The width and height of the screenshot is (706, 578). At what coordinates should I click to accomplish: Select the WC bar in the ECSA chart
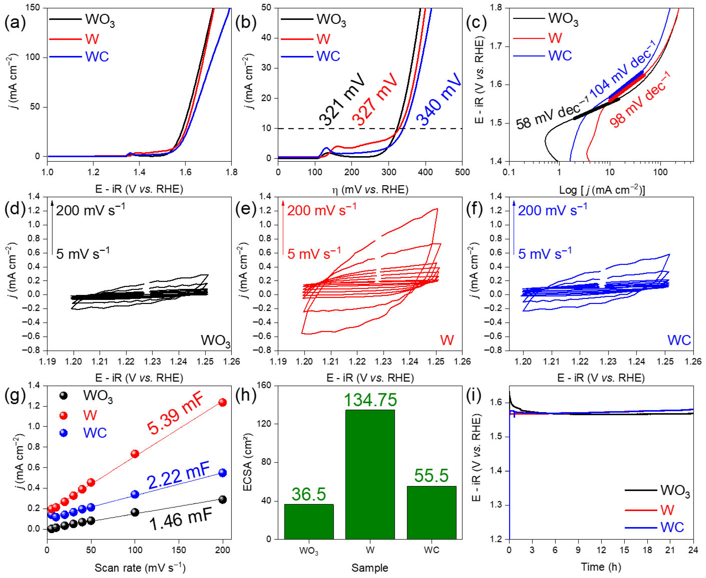pyautogui.click(x=432, y=513)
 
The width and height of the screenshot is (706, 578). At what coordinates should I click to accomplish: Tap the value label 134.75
pyautogui.click(x=370, y=400)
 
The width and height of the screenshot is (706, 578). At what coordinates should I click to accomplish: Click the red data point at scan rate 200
pyautogui.click(x=223, y=403)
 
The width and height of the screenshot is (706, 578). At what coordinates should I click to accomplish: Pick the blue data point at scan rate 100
pyautogui.click(x=135, y=494)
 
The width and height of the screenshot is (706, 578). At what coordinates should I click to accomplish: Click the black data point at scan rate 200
pyautogui.click(x=223, y=499)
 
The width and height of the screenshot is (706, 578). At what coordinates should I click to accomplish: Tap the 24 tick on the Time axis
pyautogui.click(x=693, y=550)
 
